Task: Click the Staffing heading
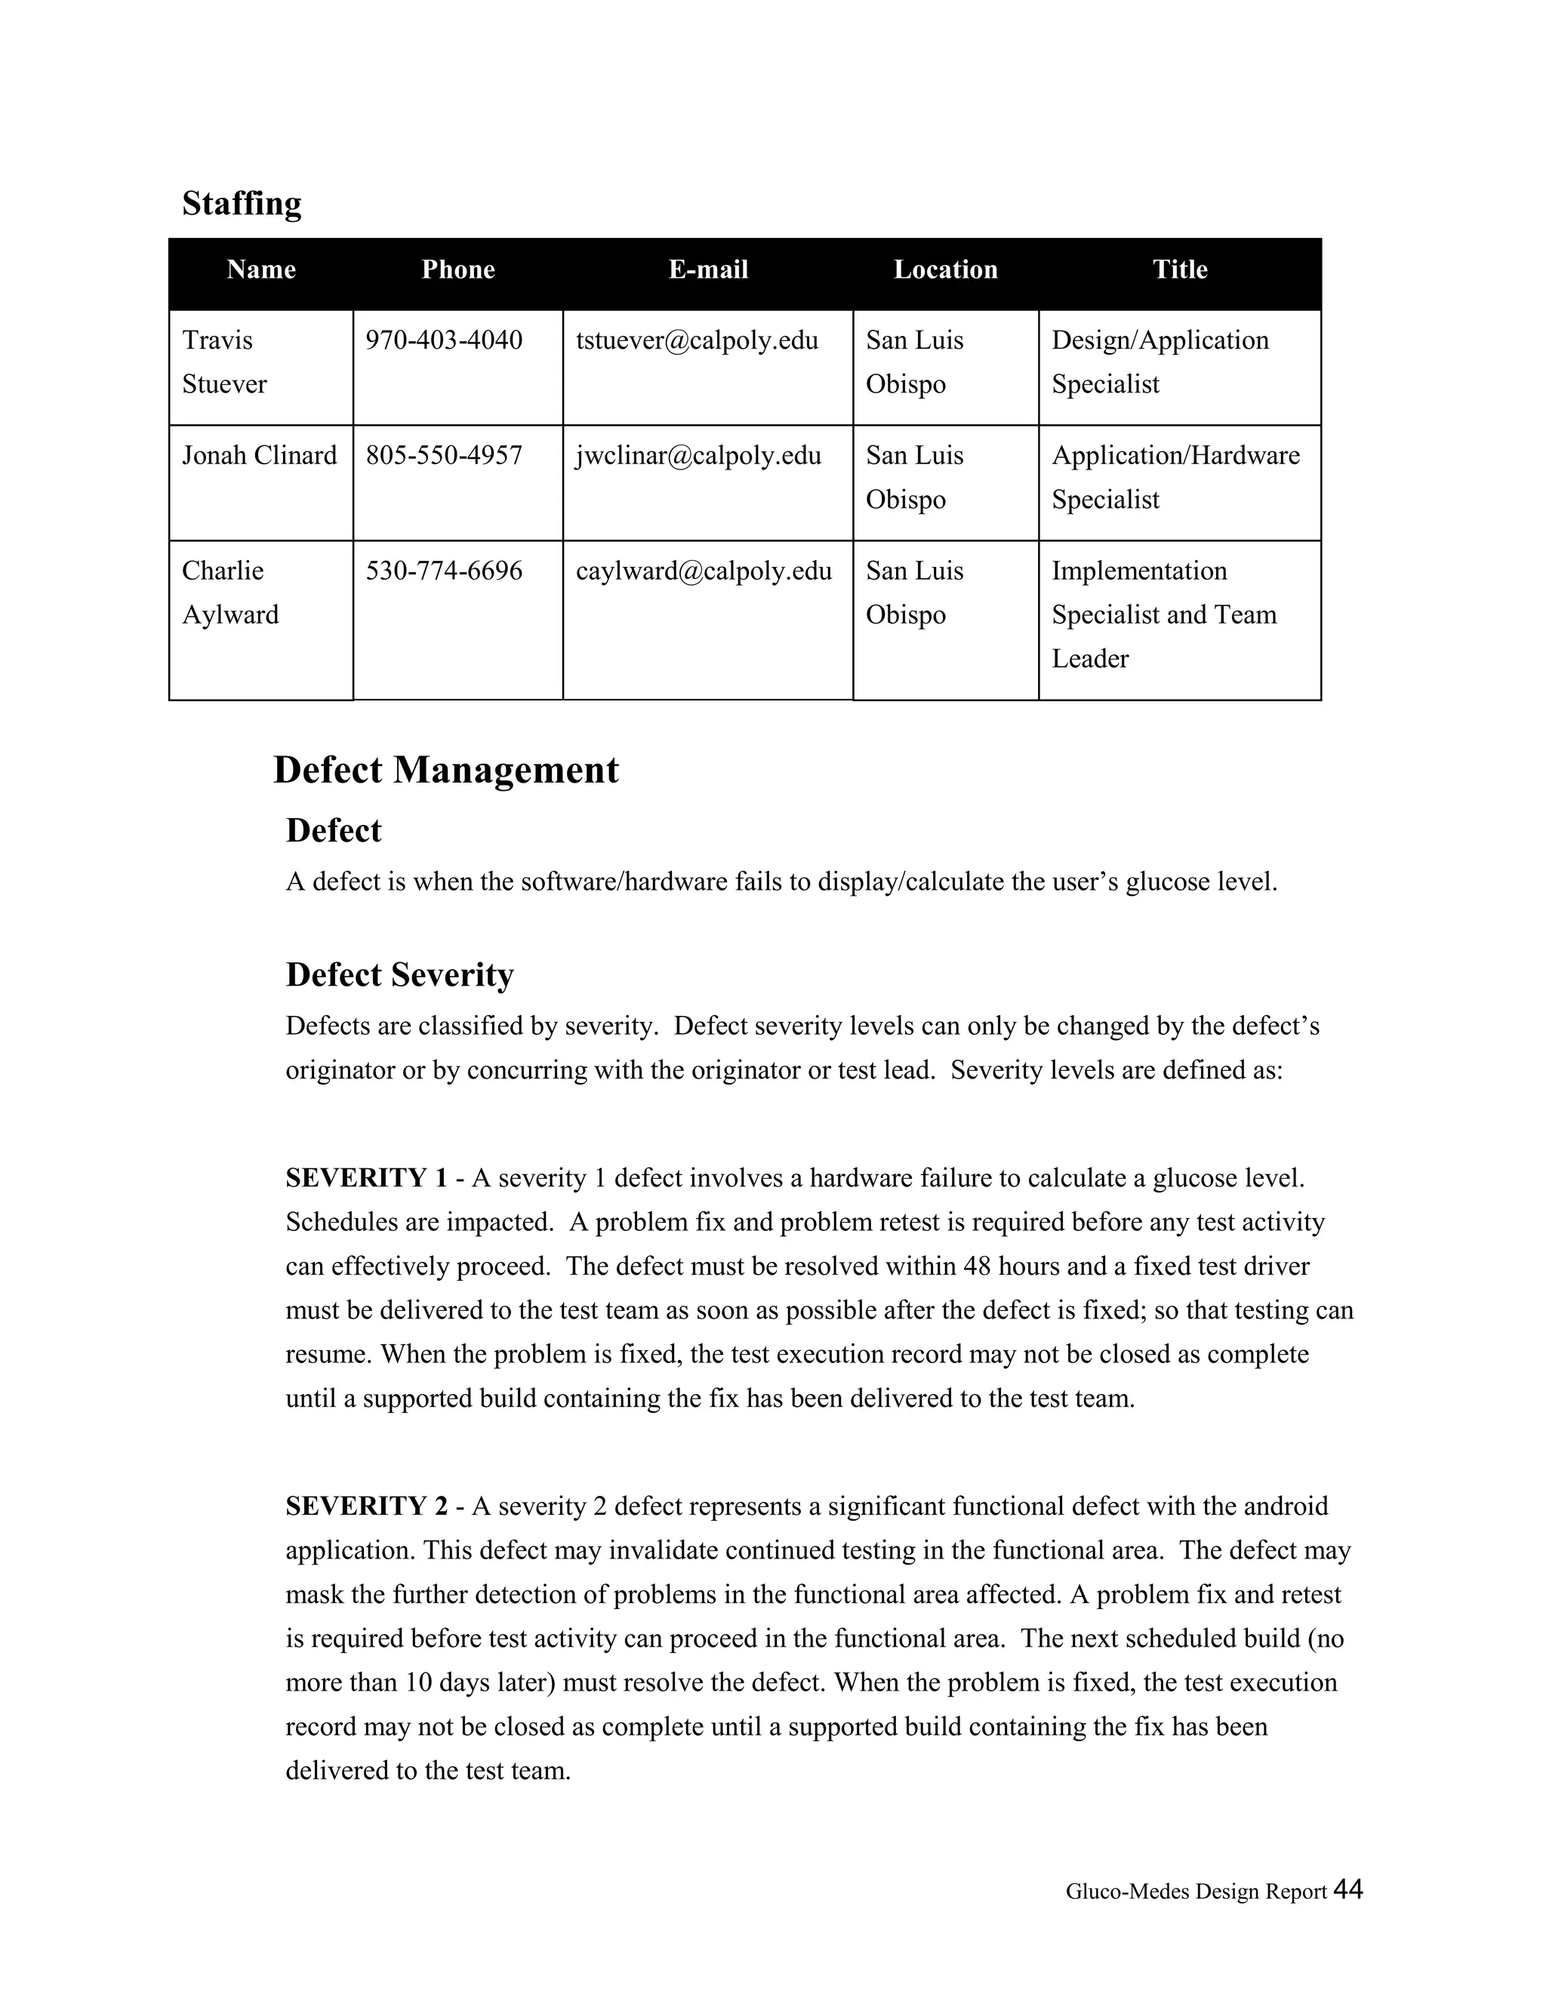click(x=241, y=203)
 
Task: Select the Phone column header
click(x=458, y=269)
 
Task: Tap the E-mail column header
click(x=708, y=269)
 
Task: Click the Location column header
click(x=945, y=269)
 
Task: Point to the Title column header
click(x=1180, y=269)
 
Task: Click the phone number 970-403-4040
click(x=444, y=340)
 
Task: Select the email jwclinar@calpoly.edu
click(x=698, y=455)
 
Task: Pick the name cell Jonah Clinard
click(x=259, y=455)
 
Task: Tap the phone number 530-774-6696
click(x=444, y=571)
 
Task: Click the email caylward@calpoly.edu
click(x=704, y=571)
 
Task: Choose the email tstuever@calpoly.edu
click(x=696, y=340)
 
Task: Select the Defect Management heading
click(x=445, y=769)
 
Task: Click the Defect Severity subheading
click(x=399, y=974)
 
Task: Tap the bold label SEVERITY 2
click(x=366, y=1506)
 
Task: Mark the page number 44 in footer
click(x=1347, y=1889)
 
